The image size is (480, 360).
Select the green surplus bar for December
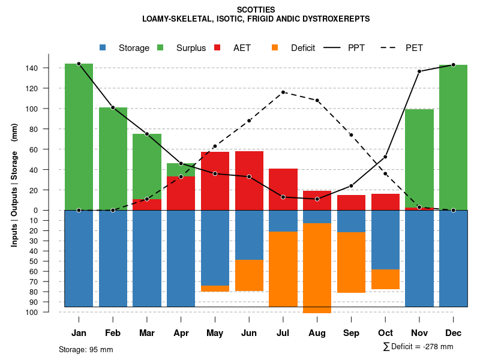coord(453,137)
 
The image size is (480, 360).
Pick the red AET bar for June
coord(249,181)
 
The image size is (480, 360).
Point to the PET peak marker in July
coord(283,92)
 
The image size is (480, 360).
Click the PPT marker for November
coord(419,71)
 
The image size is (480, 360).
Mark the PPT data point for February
coord(113,107)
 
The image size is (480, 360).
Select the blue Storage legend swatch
coord(103,47)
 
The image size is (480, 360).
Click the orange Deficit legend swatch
coord(275,47)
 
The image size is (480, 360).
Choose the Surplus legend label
coord(191,48)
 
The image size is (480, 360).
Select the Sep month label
coord(351,333)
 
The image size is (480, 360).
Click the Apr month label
coord(181,333)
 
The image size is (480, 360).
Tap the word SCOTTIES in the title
coord(256,10)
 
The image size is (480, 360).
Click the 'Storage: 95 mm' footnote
coord(86,349)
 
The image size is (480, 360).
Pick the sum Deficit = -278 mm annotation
coord(418,346)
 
